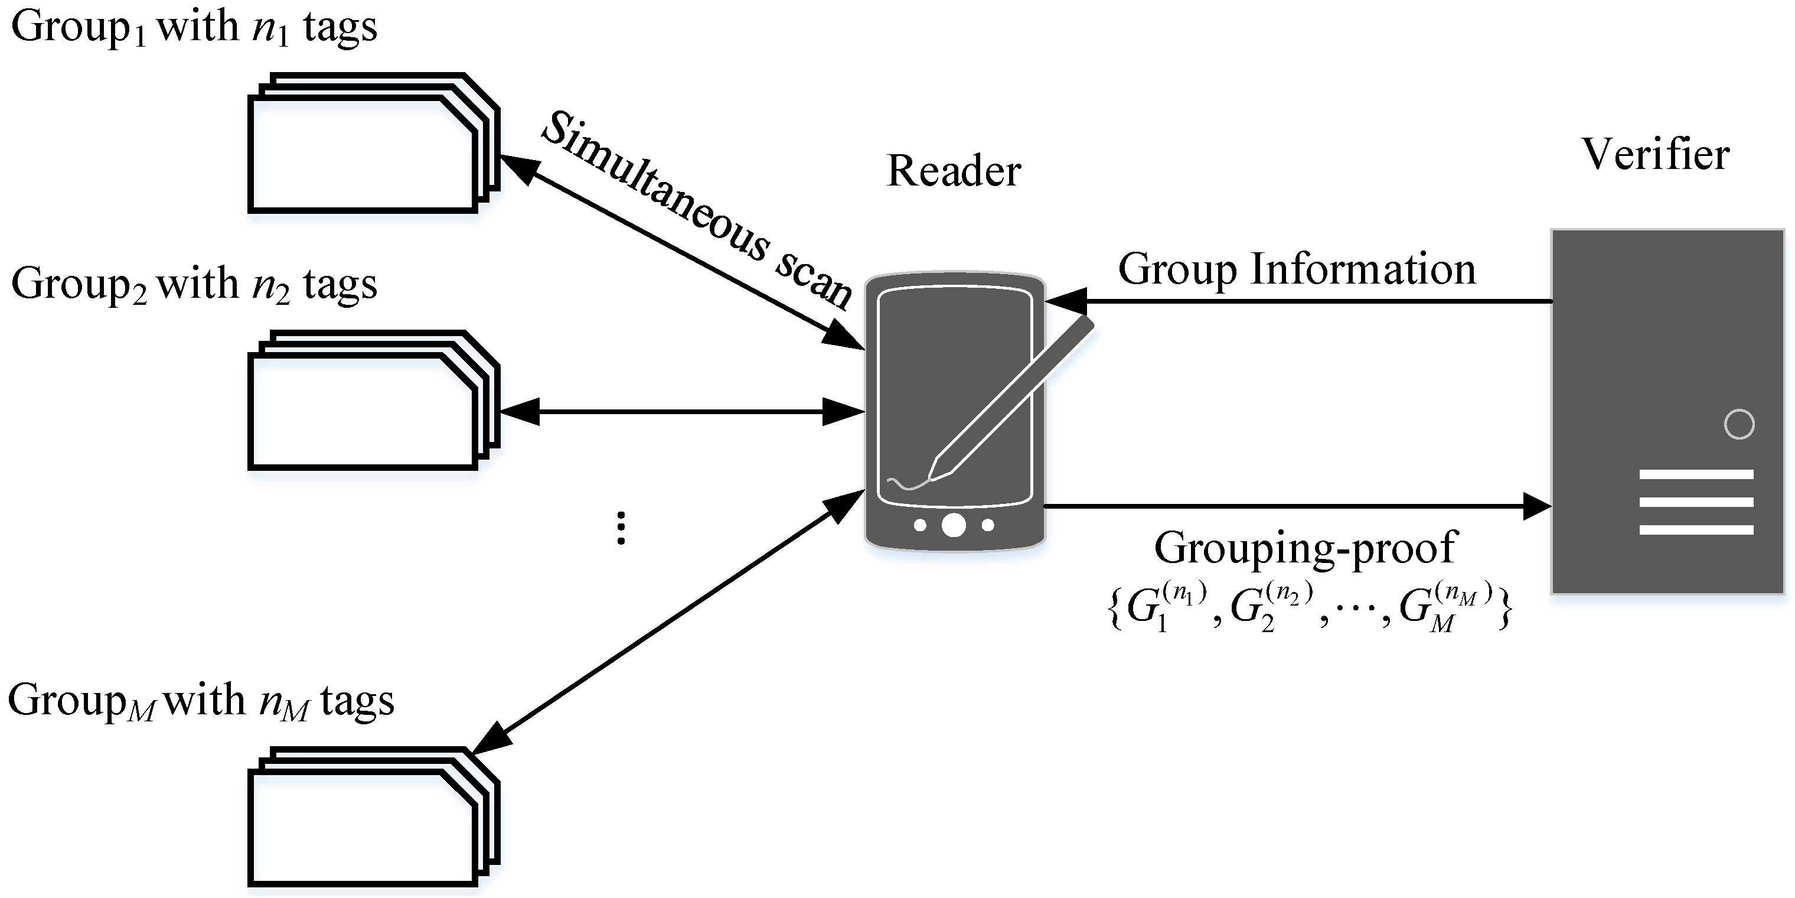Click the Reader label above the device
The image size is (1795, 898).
point(953,171)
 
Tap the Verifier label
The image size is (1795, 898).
point(1656,154)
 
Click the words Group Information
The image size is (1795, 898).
point(1297,269)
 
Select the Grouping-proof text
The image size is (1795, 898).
point(1305,548)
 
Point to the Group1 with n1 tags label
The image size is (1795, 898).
point(194,28)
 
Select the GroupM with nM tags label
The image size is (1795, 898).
point(201,701)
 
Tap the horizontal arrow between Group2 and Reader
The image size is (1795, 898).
point(681,411)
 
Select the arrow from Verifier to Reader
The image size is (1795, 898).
point(1296,302)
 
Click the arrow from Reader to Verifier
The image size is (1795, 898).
point(1296,506)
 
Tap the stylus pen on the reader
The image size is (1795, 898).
point(1010,401)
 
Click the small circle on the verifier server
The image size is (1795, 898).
point(1738,424)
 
